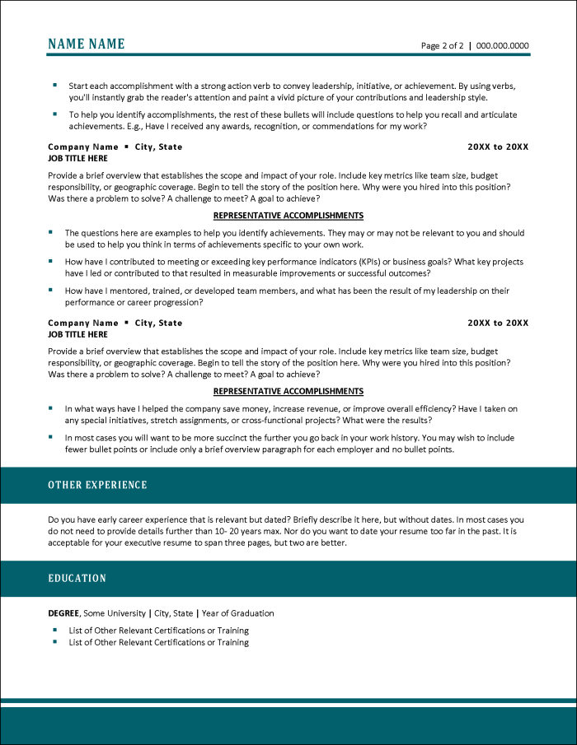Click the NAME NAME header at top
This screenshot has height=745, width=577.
point(87,44)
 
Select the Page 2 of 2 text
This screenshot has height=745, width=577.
point(443,46)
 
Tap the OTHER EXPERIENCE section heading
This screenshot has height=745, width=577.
point(97,485)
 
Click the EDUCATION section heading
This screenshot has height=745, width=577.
point(77,579)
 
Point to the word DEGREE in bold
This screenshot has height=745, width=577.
point(63,613)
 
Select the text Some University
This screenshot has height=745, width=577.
point(115,613)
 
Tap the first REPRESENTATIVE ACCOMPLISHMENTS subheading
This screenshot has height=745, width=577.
point(288,216)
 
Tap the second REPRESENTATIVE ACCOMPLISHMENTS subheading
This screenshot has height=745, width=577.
point(288,392)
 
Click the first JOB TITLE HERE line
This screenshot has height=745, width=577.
point(77,158)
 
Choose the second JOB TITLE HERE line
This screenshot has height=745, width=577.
point(77,334)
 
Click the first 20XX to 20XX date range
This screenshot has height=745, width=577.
point(498,147)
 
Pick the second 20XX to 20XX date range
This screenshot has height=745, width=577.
point(498,323)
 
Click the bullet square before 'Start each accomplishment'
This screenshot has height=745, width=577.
point(54,85)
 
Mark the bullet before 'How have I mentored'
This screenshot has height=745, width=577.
point(51,290)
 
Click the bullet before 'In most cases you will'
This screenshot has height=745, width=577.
point(51,437)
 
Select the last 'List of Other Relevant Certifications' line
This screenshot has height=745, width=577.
point(158,642)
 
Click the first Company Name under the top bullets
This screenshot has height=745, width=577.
point(83,147)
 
